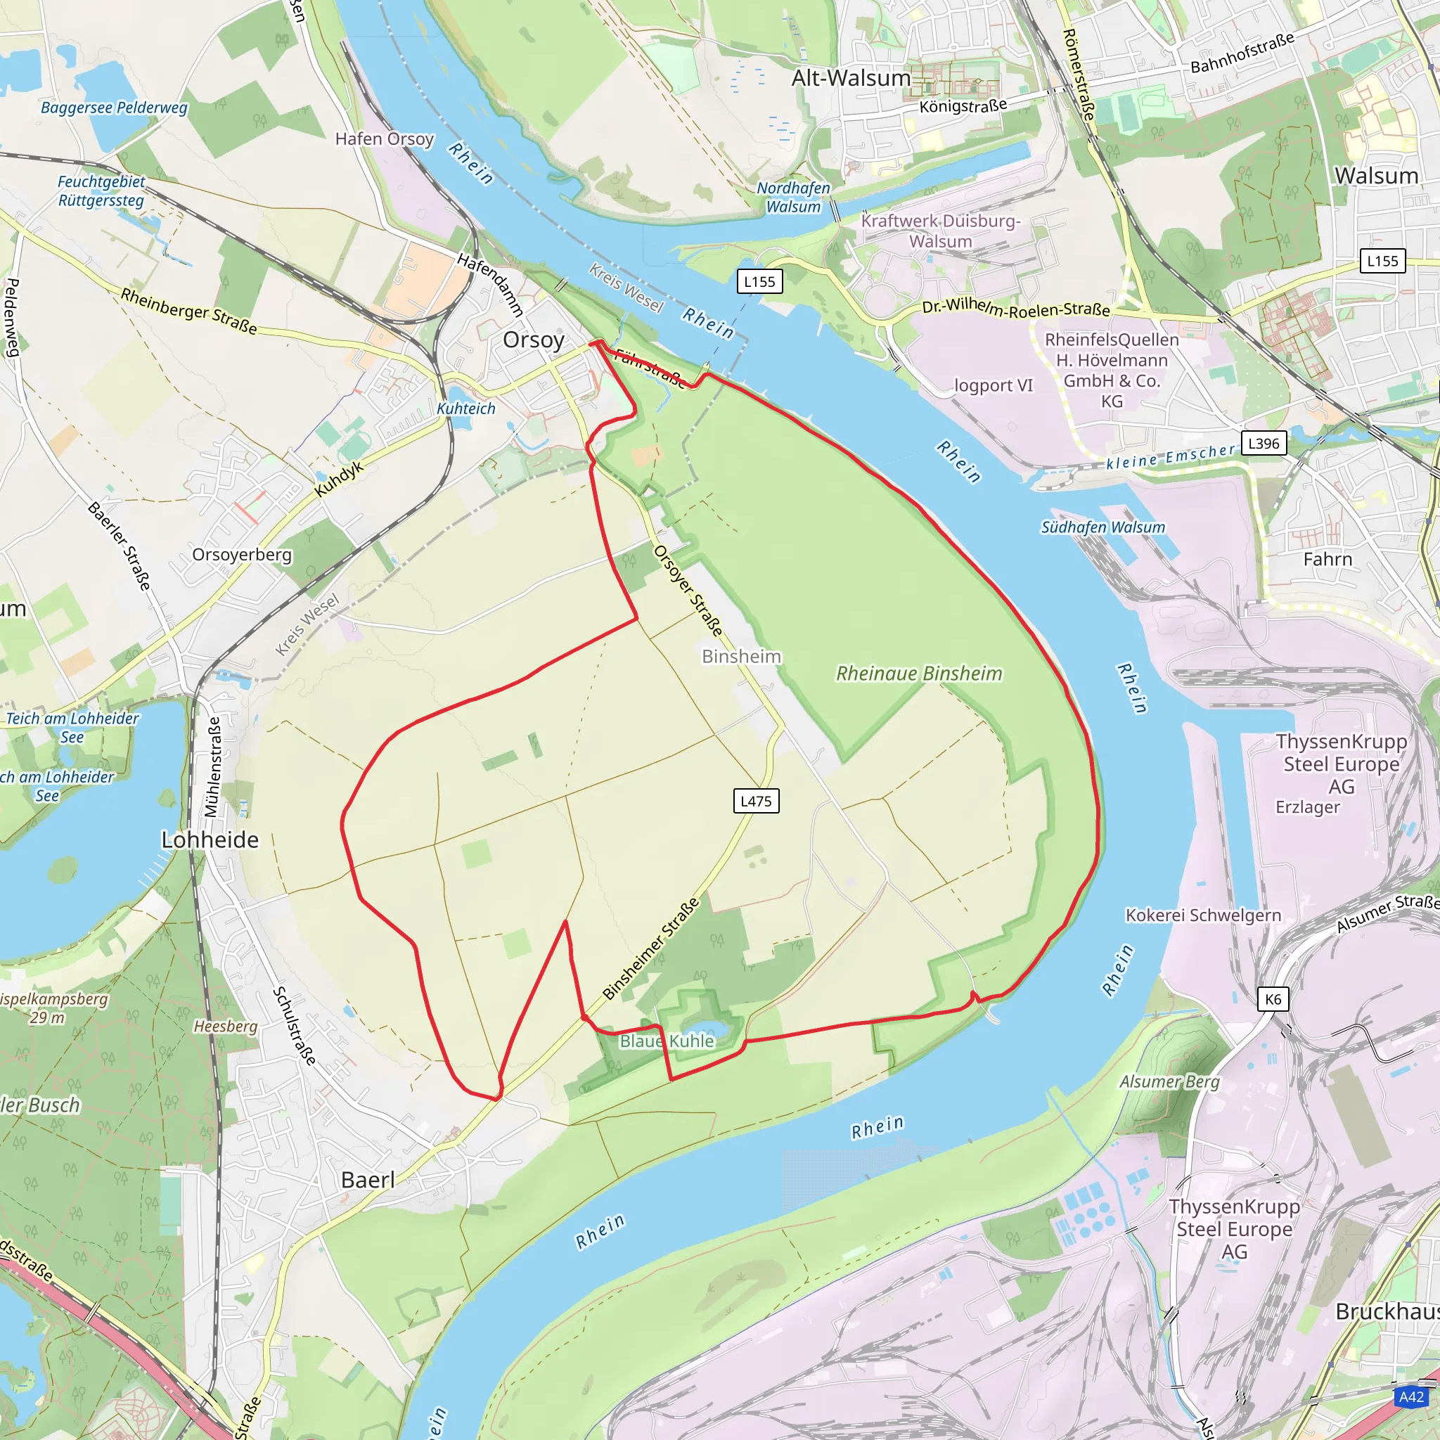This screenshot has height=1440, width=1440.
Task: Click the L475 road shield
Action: pyautogui.click(x=756, y=802)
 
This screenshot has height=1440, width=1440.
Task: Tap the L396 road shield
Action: pyautogui.click(x=1264, y=444)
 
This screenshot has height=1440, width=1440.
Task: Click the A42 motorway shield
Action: pyautogui.click(x=1411, y=1397)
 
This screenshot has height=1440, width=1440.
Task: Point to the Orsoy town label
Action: pyautogui.click(x=533, y=340)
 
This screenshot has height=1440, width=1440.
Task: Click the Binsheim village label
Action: pyautogui.click(x=741, y=657)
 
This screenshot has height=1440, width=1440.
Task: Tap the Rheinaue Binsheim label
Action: pyautogui.click(x=918, y=674)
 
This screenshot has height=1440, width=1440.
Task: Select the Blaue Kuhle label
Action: pyautogui.click(x=667, y=1041)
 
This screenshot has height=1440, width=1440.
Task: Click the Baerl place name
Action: pyautogui.click(x=368, y=1180)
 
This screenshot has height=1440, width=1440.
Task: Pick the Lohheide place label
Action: pyautogui.click(x=210, y=840)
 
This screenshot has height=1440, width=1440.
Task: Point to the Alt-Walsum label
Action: pyautogui.click(x=851, y=78)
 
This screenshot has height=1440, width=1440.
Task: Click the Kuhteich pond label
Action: pyautogui.click(x=466, y=409)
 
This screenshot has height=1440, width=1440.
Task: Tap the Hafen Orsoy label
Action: pyautogui.click(x=384, y=139)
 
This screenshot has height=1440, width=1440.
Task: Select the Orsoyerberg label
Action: pyautogui.click(x=241, y=555)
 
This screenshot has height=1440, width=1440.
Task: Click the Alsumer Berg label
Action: pyautogui.click(x=1169, y=1081)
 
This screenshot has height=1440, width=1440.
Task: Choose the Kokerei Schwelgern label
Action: pyautogui.click(x=1203, y=915)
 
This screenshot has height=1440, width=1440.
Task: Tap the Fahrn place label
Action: pyautogui.click(x=1327, y=559)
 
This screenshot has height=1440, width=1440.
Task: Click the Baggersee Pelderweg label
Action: pyautogui.click(x=114, y=108)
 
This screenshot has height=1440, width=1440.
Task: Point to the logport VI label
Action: pyautogui.click(x=994, y=385)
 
